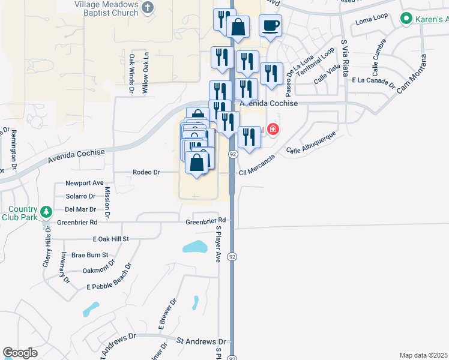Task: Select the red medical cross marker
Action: [273, 129]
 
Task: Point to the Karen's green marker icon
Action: [406, 19]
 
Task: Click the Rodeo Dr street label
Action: [147, 172]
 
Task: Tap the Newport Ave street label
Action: [85, 183]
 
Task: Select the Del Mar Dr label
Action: [80, 209]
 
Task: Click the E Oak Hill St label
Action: [111, 239]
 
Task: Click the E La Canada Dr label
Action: [373, 81]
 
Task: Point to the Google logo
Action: [20, 353]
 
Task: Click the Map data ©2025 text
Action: [423, 355]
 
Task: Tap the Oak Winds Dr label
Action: [131, 74]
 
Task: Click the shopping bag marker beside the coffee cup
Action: [238, 27]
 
